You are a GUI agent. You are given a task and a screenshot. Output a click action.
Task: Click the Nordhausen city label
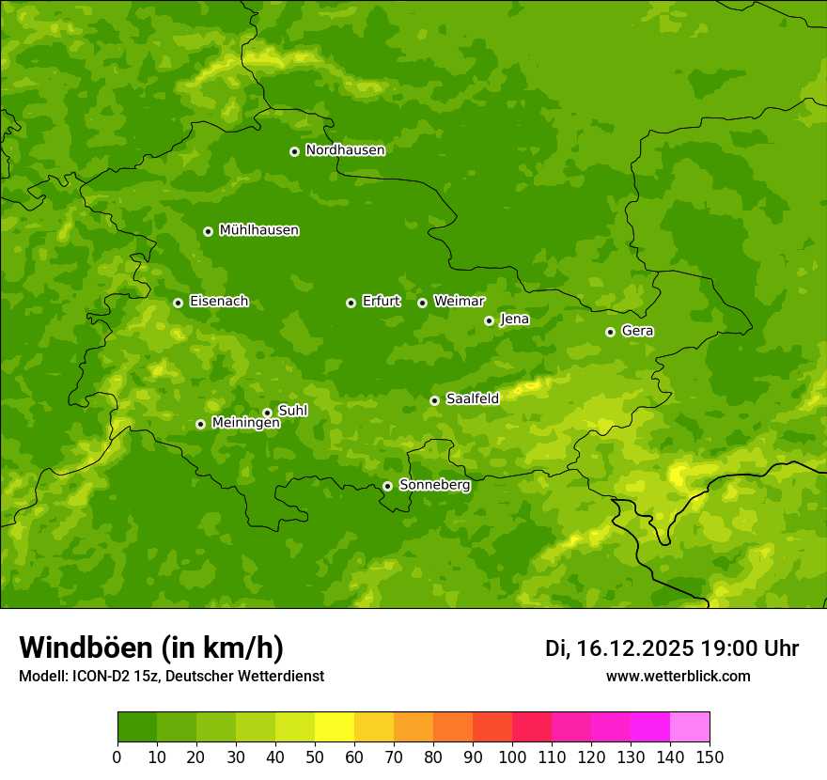(x=345, y=150)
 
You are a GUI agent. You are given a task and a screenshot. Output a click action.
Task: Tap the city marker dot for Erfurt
(x=351, y=303)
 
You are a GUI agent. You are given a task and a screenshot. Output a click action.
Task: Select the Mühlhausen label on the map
(x=258, y=230)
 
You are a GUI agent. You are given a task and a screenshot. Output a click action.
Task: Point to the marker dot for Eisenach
(x=178, y=303)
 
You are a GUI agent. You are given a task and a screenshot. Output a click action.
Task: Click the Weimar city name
(x=459, y=302)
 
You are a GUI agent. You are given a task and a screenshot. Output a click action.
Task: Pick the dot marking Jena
(x=489, y=320)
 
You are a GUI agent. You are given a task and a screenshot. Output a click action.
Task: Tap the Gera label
(x=637, y=331)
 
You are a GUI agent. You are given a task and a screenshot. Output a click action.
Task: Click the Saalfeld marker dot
(x=434, y=400)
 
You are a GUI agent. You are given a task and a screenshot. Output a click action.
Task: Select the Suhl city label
(x=293, y=411)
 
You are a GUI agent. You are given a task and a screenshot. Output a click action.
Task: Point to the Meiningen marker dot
(x=200, y=424)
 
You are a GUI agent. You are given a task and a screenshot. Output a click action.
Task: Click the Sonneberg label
(x=434, y=485)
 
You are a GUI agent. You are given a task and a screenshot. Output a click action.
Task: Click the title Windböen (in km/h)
(x=151, y=648)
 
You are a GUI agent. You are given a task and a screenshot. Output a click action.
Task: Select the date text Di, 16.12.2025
(x=619, y=648)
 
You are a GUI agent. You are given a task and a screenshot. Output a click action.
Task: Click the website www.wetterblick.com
(x=678, y=677)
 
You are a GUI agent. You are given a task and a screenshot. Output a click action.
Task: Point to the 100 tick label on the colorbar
(x=512, y=757)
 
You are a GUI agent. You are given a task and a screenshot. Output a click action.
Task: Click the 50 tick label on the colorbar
(x=315, y=757)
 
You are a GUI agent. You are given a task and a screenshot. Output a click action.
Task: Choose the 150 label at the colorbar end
(x=710, y=757)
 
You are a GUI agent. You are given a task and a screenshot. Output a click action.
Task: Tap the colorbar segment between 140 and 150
(x=690, y=727)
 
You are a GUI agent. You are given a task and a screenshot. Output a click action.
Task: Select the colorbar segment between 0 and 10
(x=137, y=727)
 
